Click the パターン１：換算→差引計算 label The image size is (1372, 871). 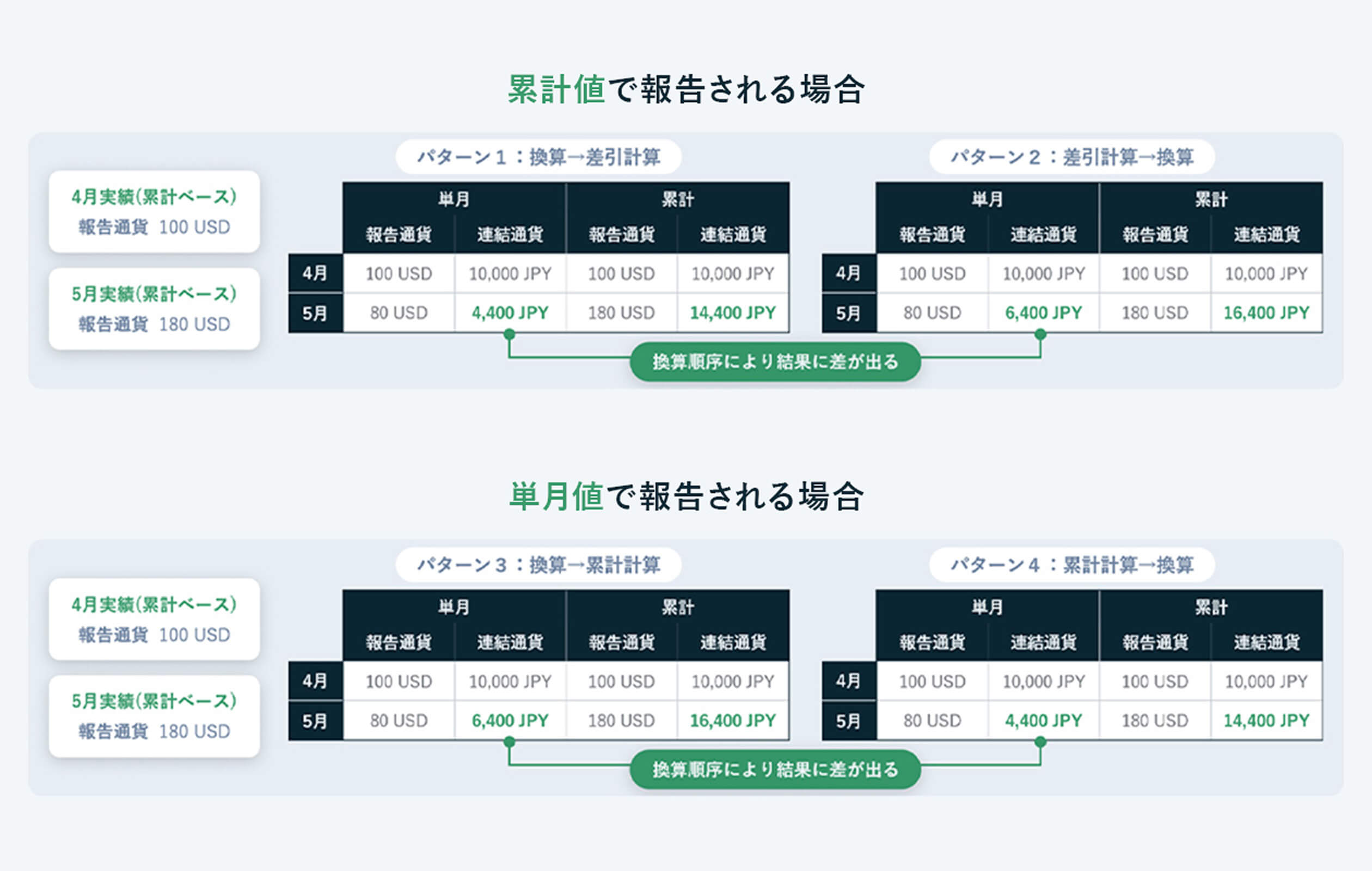point(538,157)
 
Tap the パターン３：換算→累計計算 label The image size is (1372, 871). point(538,565)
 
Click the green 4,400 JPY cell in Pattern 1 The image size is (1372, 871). point(510,312)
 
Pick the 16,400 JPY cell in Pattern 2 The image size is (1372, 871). point(1266,312)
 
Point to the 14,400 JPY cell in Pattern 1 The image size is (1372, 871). point(733,312)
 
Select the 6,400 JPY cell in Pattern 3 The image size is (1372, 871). point(510,721)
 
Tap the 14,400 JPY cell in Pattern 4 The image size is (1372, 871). point(1266,721)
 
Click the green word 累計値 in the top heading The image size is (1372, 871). point(556,90)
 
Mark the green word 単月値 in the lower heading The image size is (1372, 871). point(556,496)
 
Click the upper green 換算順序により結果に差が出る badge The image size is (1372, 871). point(775,361)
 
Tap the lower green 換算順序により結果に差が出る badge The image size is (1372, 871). point(775,770)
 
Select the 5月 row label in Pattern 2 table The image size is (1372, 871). point(848,312)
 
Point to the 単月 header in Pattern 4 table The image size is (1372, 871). point(987,608)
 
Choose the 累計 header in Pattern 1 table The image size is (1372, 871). point(677,199)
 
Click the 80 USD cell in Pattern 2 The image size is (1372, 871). point(932,312)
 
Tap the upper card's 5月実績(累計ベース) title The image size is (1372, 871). point(154,295)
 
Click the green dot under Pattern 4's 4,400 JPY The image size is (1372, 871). point(1040,741)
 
